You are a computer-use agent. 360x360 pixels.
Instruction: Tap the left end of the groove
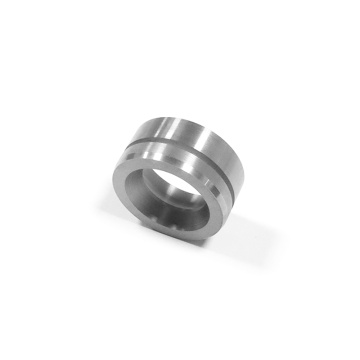(x=130, y=149)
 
